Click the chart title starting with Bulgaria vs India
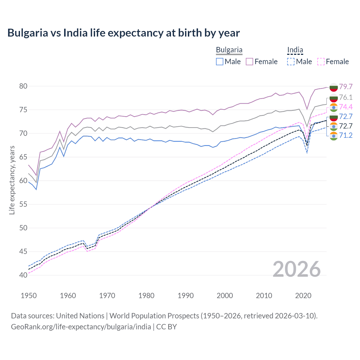(123, 33)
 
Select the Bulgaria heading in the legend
(229, 50)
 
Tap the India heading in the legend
(295, 50)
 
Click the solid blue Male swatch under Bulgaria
(220, 62)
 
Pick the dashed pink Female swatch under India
(321, 62)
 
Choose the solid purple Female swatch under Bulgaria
(249, 62)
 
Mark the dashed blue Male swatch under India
(291, 62)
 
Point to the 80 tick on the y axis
(23, 86)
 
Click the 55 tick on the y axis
(23, 204)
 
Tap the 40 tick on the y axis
(23, 275)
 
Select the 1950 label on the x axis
(29, 296)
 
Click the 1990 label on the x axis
(186, 296)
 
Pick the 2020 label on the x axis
(303, 296)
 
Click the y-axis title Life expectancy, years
(12, 180)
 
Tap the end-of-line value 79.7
(346, 87)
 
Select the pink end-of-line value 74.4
(346, 107)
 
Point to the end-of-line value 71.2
(346, 136)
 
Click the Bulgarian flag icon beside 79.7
(334, 87)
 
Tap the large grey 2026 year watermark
(296, 269)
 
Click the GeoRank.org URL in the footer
(81, 327)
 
